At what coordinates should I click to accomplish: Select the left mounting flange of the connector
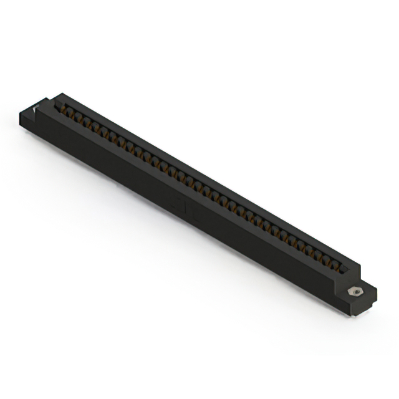34,116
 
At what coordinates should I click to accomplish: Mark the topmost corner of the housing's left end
60,94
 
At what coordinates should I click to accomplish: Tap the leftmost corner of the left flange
19,112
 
